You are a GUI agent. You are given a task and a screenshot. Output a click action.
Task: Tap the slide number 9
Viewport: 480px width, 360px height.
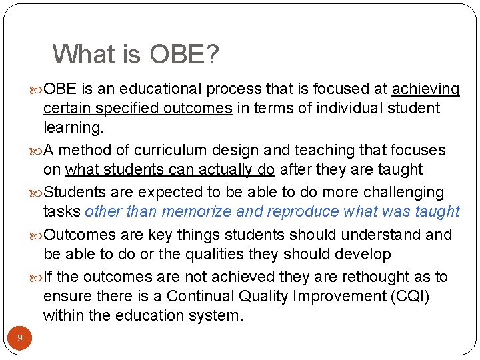(20, 339)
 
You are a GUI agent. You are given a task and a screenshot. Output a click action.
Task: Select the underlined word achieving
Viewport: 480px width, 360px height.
(426, 89)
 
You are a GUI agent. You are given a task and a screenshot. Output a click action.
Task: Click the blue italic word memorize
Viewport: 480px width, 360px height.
(198, 212)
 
